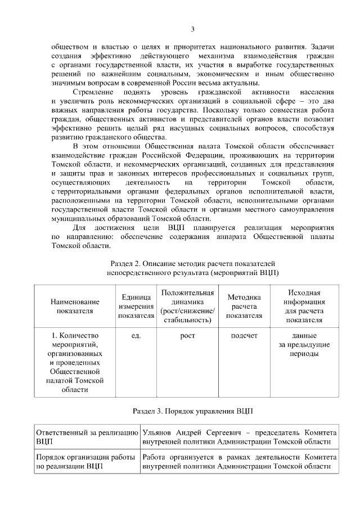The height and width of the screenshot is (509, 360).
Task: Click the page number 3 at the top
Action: pos(192,29)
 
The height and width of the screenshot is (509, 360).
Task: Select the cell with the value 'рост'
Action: pos(187,336)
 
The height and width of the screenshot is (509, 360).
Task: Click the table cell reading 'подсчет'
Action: pos(244,336)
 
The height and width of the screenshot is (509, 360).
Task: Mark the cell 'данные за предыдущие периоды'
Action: pos(304,344)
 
